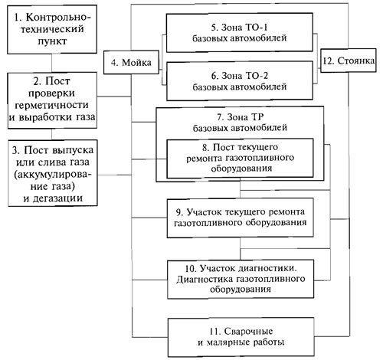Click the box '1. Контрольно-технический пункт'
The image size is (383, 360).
(x=52, y=30)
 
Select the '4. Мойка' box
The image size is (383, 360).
(x=131, y=62)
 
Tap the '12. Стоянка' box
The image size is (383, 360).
(x=349, y=61)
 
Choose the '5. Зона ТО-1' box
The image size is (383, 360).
(x=240, y=33)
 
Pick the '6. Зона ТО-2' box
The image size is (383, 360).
(x=240, y=81)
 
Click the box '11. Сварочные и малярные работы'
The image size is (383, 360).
(x=241, y=337)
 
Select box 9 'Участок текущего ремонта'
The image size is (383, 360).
(x=241, y=218)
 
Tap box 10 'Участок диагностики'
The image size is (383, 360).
(x=241, y=280)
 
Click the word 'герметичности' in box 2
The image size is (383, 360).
(x=52, y=106)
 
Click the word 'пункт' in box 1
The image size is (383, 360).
(x=52, y=41)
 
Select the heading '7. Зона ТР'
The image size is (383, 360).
(x=240, y=117)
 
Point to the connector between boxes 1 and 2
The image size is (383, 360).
(x=52, y=63)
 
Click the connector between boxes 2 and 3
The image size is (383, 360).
(x=52, y=134)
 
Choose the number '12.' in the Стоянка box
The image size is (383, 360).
(x=328, y=61)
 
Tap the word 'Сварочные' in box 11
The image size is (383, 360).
(x=248, y=332)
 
